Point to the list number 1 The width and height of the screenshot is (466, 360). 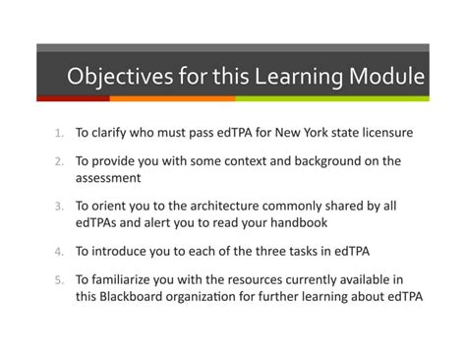coord(59,131)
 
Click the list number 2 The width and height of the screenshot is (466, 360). coord(59,161)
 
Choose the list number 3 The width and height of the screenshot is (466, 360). coord(59,207)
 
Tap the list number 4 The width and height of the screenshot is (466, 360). coord(59,251)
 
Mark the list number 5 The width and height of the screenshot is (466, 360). coord(59,280)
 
